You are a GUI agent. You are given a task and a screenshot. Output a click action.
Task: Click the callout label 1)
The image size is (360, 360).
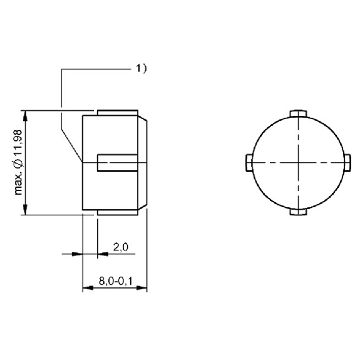pos(141,68)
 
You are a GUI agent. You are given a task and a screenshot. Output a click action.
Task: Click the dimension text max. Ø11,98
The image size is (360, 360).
pos(18,163)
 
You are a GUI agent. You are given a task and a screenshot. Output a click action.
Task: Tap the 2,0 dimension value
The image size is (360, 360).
pos(121,247)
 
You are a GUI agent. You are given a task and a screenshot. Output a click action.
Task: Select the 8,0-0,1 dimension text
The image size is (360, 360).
pos(115,281)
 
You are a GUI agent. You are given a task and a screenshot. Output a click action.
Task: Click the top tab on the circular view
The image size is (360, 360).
pos(298,113)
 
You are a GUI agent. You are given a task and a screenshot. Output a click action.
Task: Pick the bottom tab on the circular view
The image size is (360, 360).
pos(298,212)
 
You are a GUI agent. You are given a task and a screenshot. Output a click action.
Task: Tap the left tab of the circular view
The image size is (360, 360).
pos(249,163)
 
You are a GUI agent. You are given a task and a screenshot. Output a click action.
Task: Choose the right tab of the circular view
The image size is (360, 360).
pos(347,163)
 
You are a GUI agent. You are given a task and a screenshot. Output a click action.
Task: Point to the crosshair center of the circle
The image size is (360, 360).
pos(298,163)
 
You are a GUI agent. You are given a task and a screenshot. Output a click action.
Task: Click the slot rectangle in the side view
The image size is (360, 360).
pos(118,163)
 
